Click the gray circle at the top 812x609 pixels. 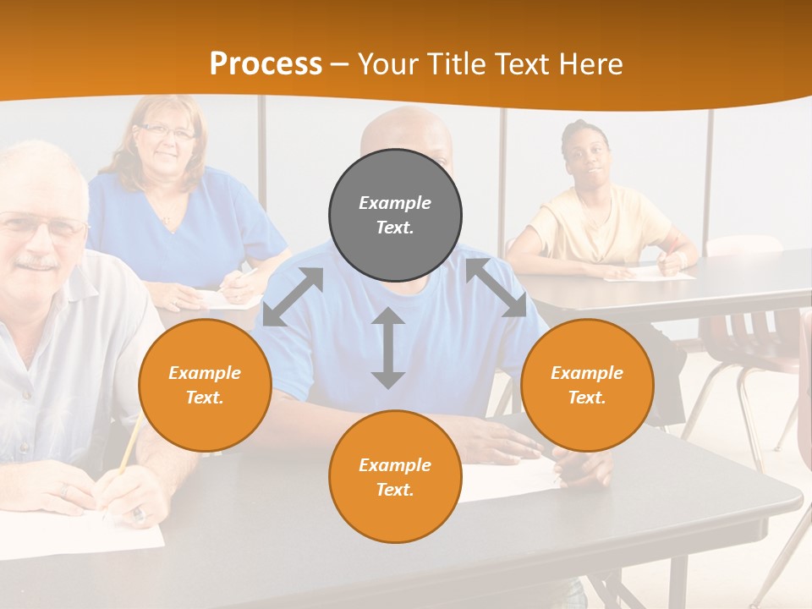point(395,216)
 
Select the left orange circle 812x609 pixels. point(205,385)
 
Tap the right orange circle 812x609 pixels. point(587,385)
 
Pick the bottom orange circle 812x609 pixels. point(395,476)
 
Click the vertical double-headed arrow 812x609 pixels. point(388,348)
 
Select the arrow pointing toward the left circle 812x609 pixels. point(293,296)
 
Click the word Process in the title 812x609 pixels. point(266,63)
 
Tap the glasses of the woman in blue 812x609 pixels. point(167,132)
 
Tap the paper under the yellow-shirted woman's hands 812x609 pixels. point(651,273)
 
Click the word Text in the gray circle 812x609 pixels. point(395,228)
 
